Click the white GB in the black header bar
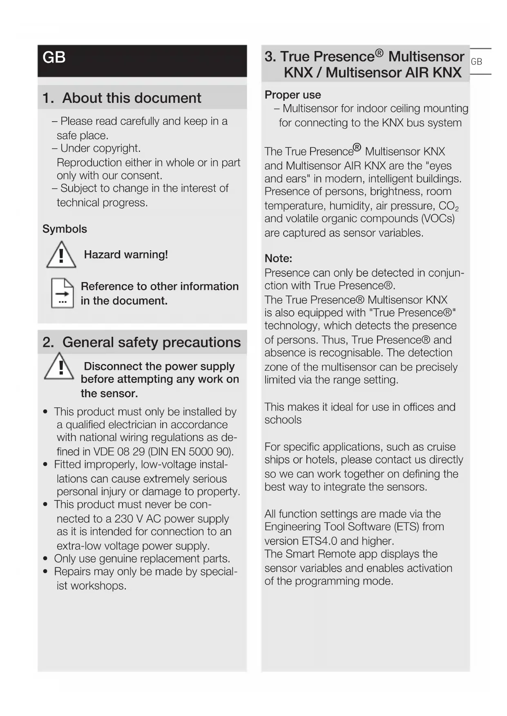point(54,58)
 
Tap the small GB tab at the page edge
point(476,62)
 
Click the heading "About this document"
point(132,98)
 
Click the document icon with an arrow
point(62,293)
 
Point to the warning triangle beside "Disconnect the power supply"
point(60,367)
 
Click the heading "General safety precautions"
point(151,342)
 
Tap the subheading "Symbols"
point(65,229)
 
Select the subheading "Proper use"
point(293,95)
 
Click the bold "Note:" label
point(278,258)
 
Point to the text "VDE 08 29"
point(119,452)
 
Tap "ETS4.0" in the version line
point(319,541)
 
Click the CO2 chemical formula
point(448,206)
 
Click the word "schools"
point(283,420)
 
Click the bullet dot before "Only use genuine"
point(45,559)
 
